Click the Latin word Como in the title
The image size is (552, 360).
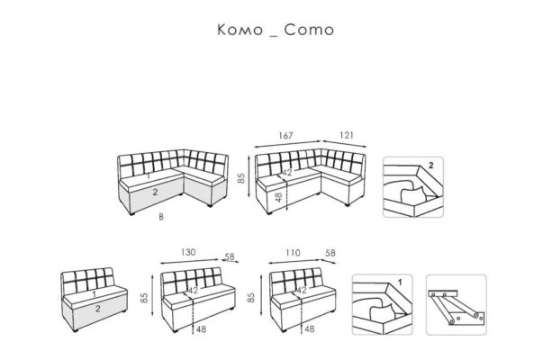click(309, 30)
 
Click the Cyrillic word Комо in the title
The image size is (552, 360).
click(240, 30)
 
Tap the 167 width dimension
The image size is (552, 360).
click(285, 136)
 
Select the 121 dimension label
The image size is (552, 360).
click(347, 135)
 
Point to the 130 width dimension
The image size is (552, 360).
click(188, 252)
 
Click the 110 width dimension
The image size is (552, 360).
click(293, 253)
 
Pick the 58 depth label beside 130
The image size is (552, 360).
click(230, 256)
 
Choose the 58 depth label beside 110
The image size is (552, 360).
click(330, 253)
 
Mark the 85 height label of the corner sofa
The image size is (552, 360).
click(241, 178)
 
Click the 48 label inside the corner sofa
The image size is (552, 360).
click(278, 197)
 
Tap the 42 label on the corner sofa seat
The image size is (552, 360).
click(287, 173)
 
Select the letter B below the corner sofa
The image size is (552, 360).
click(161, 217)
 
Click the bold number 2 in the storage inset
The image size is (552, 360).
click(431, 166)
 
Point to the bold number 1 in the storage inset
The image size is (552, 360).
click(400, 283)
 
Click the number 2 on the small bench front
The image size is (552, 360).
click(97, 309)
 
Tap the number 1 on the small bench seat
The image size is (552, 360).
click(94, 294)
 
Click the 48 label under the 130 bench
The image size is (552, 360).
click(201, 329)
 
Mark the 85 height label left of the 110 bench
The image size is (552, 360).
click(251, 298)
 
